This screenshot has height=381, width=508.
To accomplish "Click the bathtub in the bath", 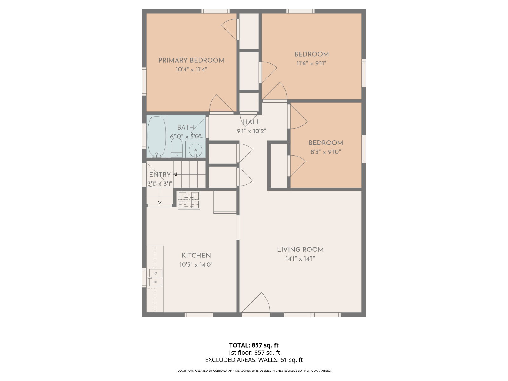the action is pyautogui.click(x=157, y=137).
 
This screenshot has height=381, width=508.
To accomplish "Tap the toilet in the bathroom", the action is pyautogui.click(x=177, y=148).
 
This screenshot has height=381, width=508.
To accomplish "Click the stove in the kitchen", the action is pyautogui.click(x=189, y=200).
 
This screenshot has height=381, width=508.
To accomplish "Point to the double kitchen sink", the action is pyautogui.click(x=156, y=277).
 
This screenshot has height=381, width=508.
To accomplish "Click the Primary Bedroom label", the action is pyautogui.click(x=191, y=60).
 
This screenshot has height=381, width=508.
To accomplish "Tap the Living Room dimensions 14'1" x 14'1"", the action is pyautogui.click(x=300, y=258).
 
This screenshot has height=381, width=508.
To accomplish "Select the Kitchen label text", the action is pyautogui.click(x=196, y=255).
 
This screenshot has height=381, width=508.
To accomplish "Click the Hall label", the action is pyautogui.click(x=251, y=122).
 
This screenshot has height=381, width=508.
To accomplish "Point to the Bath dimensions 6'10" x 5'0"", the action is pyautogui.click(x=186, y=136).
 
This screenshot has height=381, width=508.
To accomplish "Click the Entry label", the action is pyautogui.click(x=160, y=174).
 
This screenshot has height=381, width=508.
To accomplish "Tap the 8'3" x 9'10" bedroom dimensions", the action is pyautogui.click(x=326, y=152).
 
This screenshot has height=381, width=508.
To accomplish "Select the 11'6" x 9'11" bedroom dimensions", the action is pyautogui.click(x=311, y=63).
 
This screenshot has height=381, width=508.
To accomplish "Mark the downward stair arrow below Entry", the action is pyautogui.click(x=160, y=196).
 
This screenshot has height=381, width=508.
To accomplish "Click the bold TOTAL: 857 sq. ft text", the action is pyautogui.click(x=254, y=345).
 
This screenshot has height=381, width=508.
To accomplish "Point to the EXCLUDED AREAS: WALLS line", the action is pyautogui.click(x=254, y=360).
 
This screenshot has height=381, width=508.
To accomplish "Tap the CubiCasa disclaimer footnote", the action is pyautogui.click(x=254, y=371).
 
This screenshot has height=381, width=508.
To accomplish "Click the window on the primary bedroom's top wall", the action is pyautogui.click(x=215, y=11).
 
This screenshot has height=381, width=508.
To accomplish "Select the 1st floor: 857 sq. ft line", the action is pyautogui.click(x=254, y=352).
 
